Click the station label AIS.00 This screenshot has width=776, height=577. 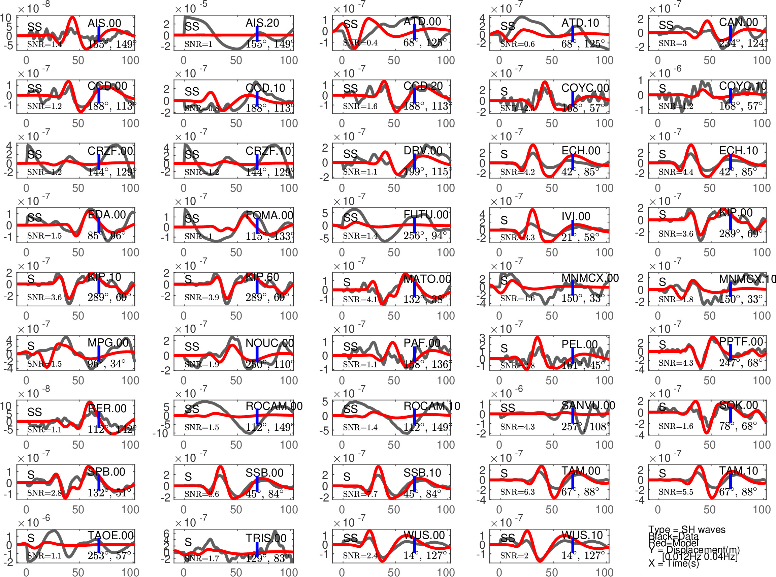tap(104, 23)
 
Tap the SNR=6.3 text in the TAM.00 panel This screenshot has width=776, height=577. tap(517, 492)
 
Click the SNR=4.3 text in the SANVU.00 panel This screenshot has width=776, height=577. tap(517, 426)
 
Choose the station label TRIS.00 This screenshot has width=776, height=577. tap(266, 538)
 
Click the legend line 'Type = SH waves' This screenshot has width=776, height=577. tap(687, 530)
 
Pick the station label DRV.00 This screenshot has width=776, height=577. tap(423, 151)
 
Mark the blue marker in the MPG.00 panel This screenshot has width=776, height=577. tap(99, 353)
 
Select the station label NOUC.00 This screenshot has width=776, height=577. tap(269, 343)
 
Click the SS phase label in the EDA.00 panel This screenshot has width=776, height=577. tap(35, 218)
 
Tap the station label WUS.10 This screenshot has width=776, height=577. tap(582, 535)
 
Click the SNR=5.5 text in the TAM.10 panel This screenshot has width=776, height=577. tap(676, 492)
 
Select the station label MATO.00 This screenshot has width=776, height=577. tap(427, 279)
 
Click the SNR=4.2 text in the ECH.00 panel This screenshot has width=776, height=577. tap(517, 172)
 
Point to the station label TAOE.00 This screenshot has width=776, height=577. tap(110, 536)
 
